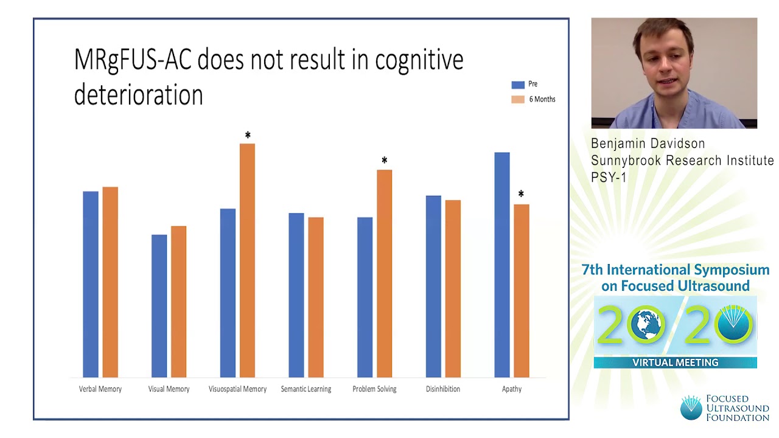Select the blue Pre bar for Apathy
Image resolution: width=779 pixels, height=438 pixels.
[x=502, y=265]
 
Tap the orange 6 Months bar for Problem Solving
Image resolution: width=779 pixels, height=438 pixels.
[x=384, y=273]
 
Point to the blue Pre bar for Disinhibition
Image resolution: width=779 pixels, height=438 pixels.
[x=433, y=286]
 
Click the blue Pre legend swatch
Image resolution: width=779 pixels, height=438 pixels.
[x=518, y=85]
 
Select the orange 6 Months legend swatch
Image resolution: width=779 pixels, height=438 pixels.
[x=518, y=99]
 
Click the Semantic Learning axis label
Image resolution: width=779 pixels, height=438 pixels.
[x=306, y=389]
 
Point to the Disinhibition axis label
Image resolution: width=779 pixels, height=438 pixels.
[x=443, y=389]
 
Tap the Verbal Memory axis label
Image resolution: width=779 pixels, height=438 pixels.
[x=100, y=389]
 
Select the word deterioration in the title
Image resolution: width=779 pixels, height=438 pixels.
[x=138, y=96]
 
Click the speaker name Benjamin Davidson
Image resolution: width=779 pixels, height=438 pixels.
[x=648, y=144]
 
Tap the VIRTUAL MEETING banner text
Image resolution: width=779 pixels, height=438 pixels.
[x=676, y=363]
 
